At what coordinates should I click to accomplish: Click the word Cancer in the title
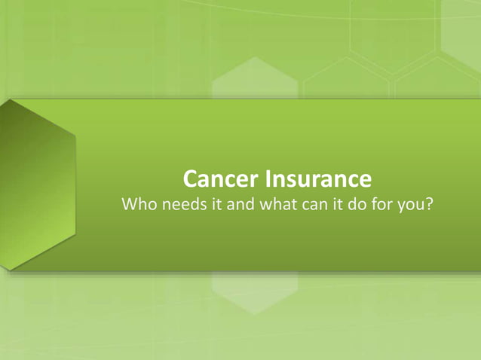[221, 181]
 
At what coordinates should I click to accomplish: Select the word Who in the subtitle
[139, 205]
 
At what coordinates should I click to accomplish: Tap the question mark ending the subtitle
[430, 205]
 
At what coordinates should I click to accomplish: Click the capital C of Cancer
[191, 181]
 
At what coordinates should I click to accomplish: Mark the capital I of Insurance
[265, 181]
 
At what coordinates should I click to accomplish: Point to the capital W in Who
[130, 205]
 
